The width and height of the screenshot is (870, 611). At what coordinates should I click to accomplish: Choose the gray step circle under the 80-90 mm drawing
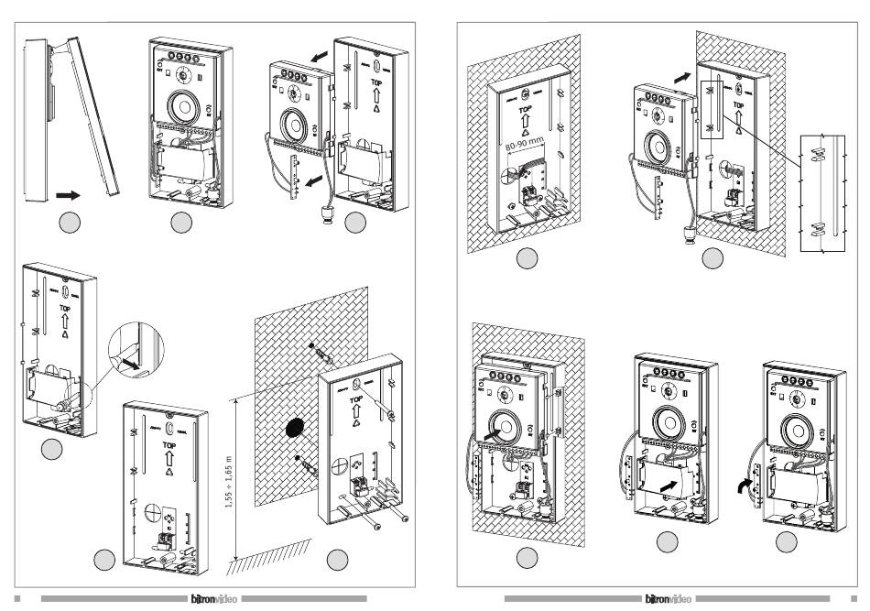click(x=525, y=258)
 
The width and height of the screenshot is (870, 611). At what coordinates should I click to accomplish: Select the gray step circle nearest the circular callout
click(x=52, y=448)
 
